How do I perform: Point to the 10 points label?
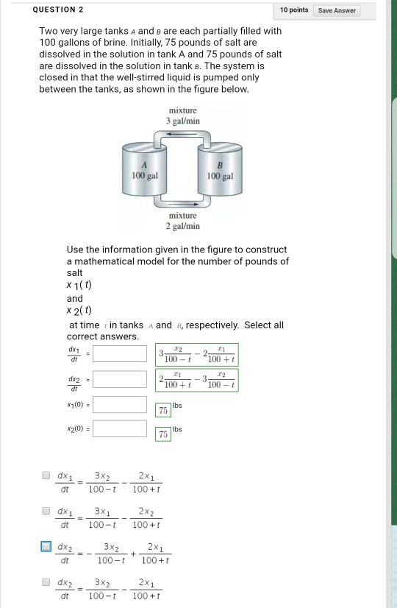294,10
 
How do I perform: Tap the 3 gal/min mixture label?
182,116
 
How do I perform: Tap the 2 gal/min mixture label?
182,222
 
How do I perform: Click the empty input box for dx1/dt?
120,354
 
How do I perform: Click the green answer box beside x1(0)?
164,410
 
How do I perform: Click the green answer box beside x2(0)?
164,435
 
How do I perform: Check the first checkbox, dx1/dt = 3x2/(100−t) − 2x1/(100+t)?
46,476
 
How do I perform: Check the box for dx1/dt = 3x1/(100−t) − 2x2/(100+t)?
46,511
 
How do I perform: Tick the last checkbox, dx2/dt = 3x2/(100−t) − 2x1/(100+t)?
46,583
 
